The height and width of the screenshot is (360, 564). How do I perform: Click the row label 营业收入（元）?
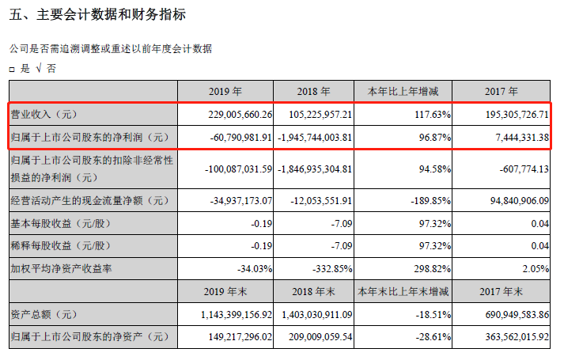point(47,115)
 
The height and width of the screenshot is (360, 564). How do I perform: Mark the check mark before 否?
point(37,69)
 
